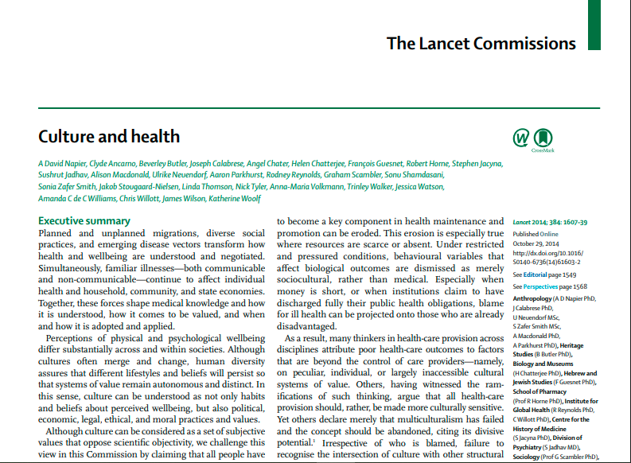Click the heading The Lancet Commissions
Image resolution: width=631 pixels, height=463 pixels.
(493, 43)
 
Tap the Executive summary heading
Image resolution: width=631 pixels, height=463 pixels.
(84, 220)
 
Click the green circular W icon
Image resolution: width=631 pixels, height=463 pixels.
(521, 138)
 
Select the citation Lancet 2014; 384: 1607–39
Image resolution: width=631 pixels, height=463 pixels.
(555, 222)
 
